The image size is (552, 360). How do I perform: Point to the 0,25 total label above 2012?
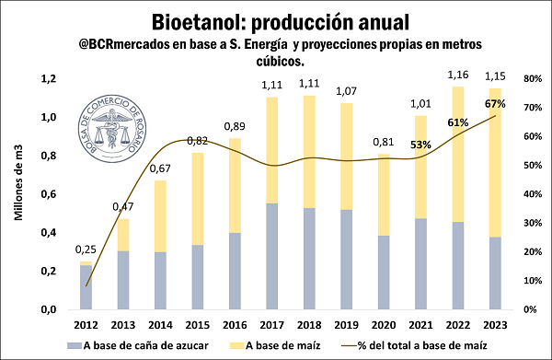(86, 250)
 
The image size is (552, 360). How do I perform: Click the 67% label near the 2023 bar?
(497, 104)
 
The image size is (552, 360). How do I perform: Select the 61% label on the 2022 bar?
(458, 122)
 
